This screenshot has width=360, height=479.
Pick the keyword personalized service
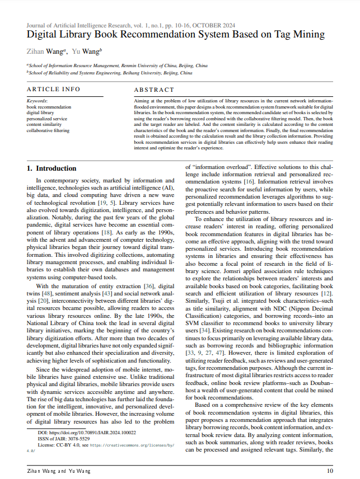coord(47,119)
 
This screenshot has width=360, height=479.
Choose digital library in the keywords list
coord(40,112)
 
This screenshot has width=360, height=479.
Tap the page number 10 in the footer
coord(329,472)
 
